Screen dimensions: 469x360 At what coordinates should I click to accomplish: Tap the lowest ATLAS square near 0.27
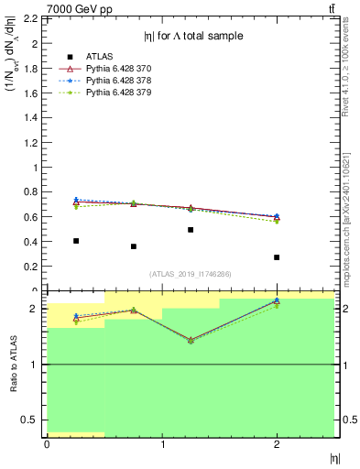(x=277, y=257)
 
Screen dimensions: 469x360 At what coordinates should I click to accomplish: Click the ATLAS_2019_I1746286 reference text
(x=191, y=274)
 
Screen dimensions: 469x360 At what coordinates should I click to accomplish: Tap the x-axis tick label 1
(x=162, y=445)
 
